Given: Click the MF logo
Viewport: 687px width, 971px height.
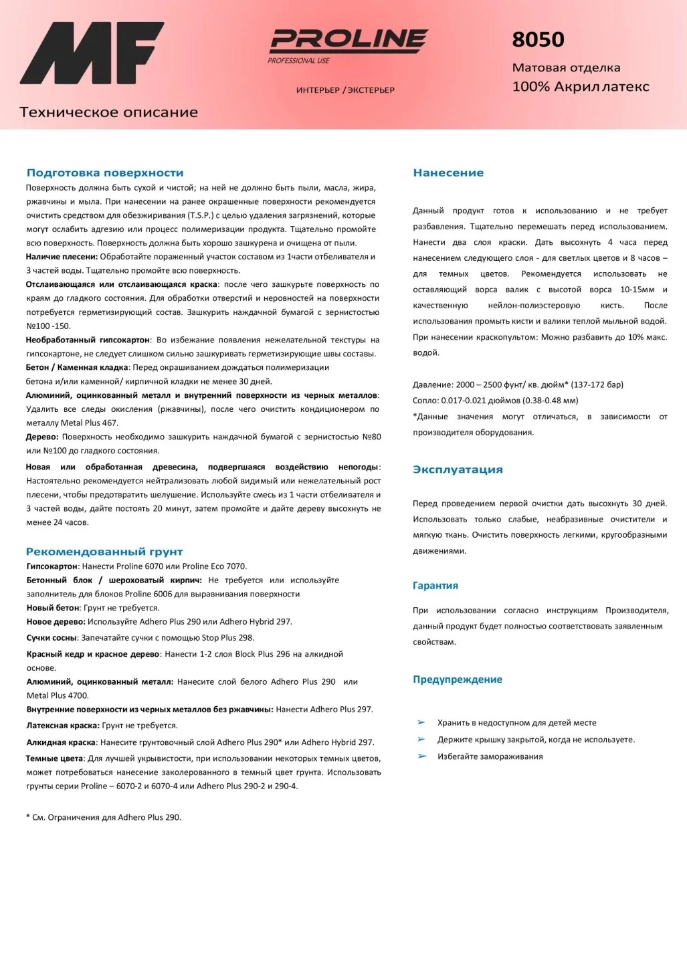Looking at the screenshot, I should click(x=92, y=53).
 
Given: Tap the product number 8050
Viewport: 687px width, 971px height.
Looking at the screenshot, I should click(x=538, y=40).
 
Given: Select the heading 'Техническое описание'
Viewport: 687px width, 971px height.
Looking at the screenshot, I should click(x=108, y=112).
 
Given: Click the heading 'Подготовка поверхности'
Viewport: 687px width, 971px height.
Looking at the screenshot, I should click(x=104, y=173).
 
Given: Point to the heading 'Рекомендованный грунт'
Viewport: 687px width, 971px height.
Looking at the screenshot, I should click(x=104, y=552).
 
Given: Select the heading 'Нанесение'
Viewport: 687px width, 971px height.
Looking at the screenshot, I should click(x=448, y=173).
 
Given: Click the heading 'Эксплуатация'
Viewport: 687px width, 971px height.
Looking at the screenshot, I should click(x=458, y=469).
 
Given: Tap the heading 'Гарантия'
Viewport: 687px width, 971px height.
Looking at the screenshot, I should click(x=435, y=586).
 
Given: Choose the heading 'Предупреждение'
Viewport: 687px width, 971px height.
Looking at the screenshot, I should click(x=457, y=679).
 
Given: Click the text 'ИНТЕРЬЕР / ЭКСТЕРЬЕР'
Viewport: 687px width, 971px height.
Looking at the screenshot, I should click(x=345, y=90).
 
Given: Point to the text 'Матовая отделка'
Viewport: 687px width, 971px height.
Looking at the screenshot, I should click(x=566, y=68).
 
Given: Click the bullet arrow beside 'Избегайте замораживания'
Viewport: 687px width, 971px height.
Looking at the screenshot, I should click(x=421, y=756).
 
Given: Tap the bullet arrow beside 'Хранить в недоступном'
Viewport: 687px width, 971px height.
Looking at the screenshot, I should click(x=421, y=722).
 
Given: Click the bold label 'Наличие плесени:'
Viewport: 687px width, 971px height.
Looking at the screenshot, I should click(x=62, y=257).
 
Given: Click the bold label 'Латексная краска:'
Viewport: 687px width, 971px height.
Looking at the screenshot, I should click(x=63, y=726).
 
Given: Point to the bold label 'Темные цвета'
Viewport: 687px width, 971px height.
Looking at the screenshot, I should click(x=55, y=758).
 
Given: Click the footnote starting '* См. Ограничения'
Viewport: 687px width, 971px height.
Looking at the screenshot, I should click(x=104, y=817).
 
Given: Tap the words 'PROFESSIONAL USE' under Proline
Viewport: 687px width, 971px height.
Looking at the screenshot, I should click(x=298, y=61).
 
